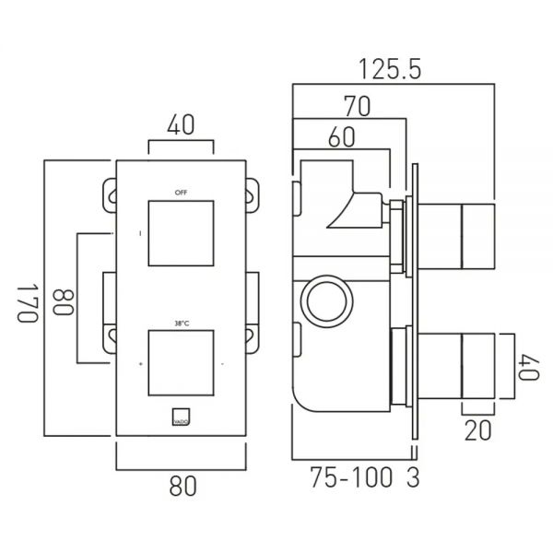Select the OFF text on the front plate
click(x=181, y=192)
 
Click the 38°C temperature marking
click(x=181, y=323)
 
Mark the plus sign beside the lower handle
click(x=140, y=365)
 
